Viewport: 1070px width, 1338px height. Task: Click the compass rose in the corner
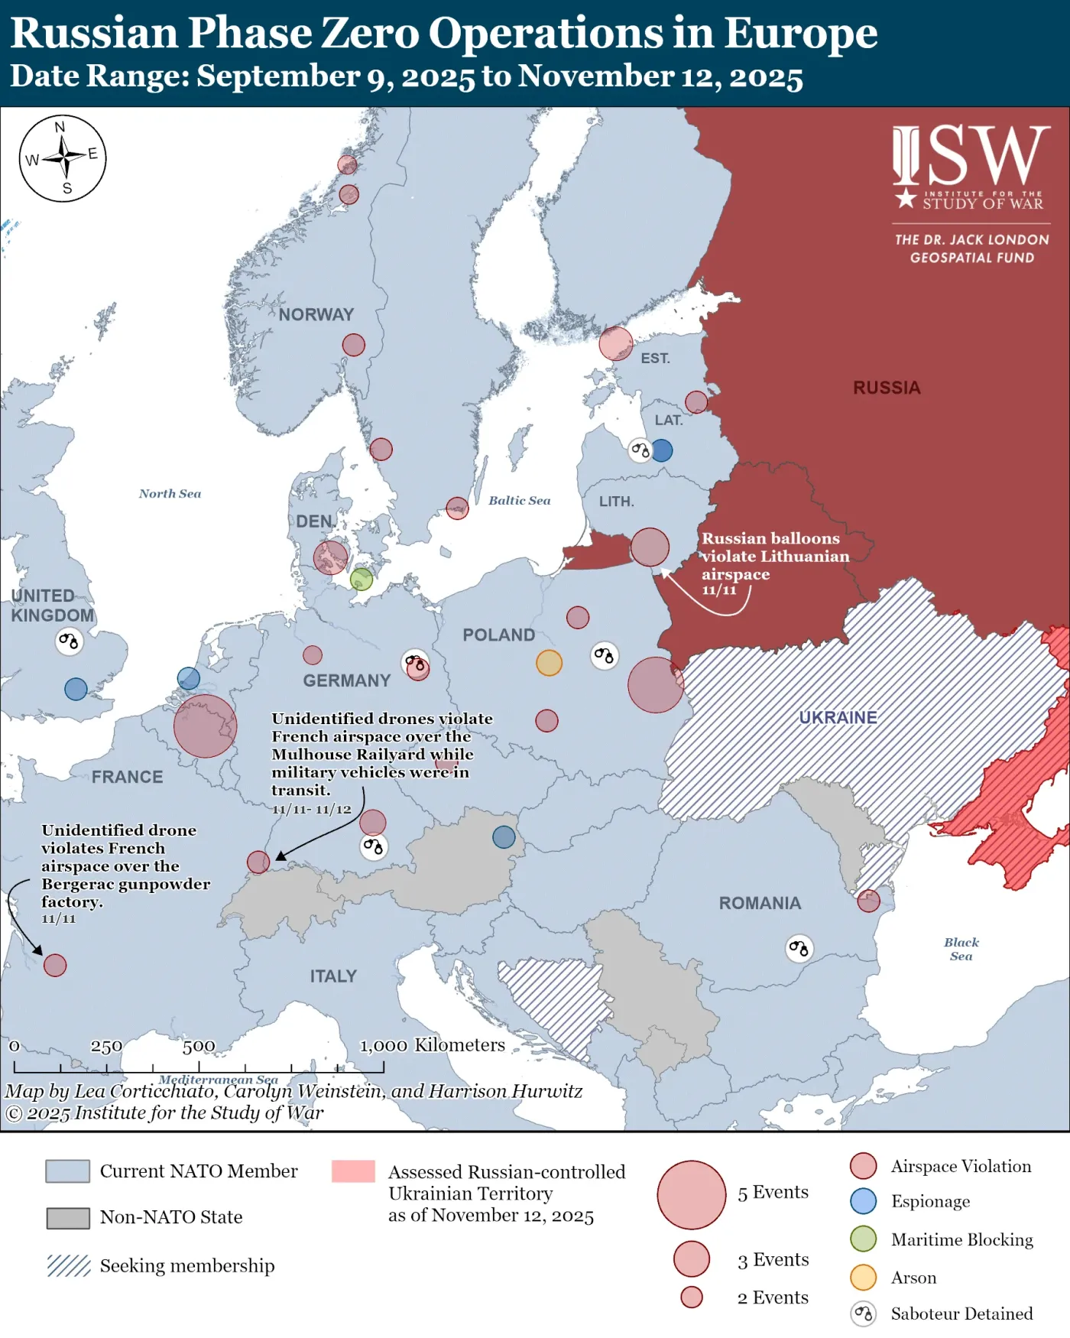coord(63,158)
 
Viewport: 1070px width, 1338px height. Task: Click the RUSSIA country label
coord(887,388)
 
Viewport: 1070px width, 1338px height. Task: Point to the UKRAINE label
coord(838,717)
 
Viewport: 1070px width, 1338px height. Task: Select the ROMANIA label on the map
coord(760,903)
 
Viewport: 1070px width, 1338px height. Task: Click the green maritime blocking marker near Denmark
coord(362,579)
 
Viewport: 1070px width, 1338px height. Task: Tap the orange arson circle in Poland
coord(549,662)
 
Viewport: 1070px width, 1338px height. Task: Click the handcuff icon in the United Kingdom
coord(69,641)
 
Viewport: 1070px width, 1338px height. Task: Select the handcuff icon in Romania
coord(799,949)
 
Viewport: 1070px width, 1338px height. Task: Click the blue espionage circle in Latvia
coord(662,450)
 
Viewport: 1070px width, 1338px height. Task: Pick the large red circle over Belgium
coord(205,726)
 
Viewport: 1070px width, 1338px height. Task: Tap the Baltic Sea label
coord(520,500)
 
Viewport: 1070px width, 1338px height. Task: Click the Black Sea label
coord(961,949)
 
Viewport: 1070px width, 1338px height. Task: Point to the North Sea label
coord(170,494)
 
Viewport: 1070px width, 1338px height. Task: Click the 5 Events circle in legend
coord(691,1194)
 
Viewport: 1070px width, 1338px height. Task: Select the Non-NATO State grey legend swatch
coord(68,1218)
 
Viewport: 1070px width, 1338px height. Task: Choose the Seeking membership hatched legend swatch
coord(68,1265)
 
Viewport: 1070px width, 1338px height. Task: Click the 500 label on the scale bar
coord(199,1046)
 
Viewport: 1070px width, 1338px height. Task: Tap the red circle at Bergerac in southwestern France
coord(55,965)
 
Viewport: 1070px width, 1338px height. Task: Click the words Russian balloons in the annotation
coord(770,538)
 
